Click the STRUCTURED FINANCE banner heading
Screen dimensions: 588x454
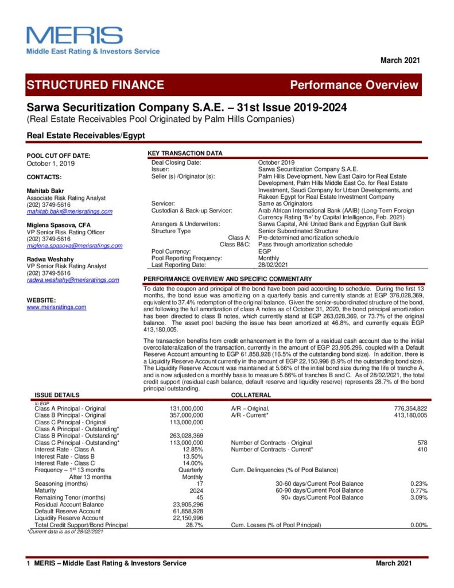tap(95, 85)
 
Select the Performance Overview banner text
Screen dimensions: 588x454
tap(354, 85)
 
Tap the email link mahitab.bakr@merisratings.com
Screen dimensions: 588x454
tap(69, 211)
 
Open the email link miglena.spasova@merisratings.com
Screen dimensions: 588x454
tap(75, 246)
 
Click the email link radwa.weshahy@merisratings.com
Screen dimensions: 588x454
tap(73, 280)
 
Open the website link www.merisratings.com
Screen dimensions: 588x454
tap(56, 307)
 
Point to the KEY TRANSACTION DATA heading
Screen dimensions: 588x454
tap(185, 153)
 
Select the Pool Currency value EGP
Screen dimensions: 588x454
tap(265, 251)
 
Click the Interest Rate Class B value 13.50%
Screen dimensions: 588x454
tap(192, 457)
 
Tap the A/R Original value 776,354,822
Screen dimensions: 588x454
tap(408, 408)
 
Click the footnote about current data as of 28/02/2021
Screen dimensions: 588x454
tap(65, 532)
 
